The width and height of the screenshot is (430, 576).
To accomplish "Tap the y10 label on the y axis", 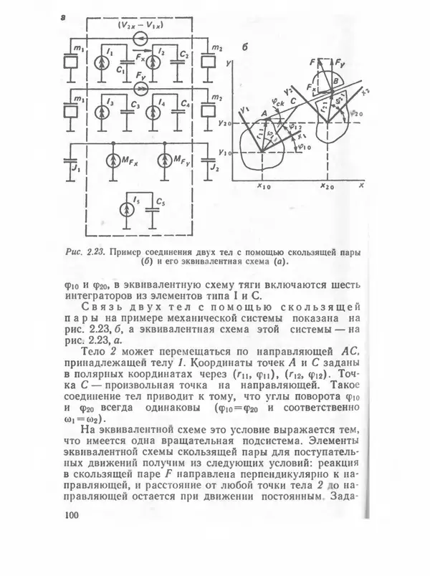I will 229,153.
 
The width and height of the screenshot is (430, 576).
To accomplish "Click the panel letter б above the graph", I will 244,49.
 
